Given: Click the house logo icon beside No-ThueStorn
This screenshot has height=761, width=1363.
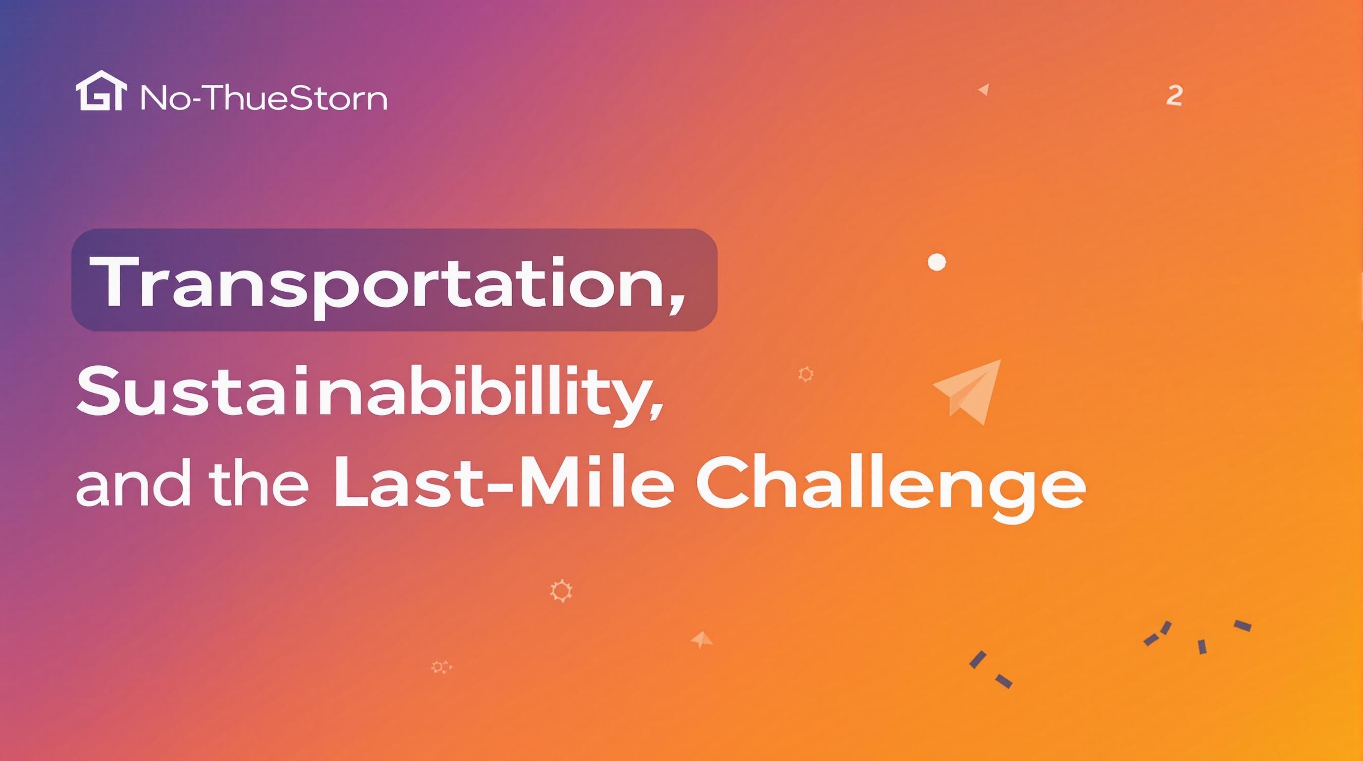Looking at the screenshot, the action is (102, 91).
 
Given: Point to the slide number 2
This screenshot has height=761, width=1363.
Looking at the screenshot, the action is (1174, 96).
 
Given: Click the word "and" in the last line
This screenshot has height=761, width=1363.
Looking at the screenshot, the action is (132, 483).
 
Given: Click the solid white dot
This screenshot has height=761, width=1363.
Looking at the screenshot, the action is (937, 262).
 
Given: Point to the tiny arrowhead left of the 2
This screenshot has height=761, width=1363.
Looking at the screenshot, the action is (984, 90).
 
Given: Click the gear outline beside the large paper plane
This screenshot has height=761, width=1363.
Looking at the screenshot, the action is (805, 374).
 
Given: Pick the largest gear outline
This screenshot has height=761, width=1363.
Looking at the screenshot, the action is (561, 591).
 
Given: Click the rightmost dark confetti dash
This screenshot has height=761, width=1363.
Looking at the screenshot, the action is (1242, 626).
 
